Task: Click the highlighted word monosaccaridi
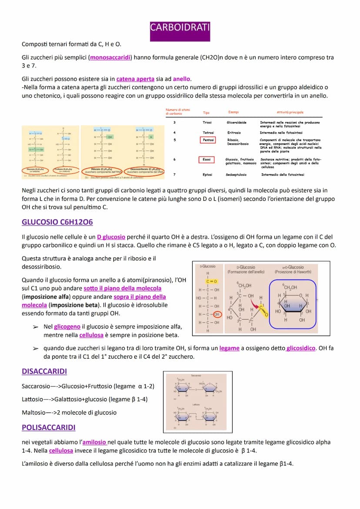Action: tap(110, 57)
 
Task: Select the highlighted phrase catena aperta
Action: tap(135, 79)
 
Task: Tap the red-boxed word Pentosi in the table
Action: tap(208, 140)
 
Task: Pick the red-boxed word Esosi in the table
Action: tap(207, 160)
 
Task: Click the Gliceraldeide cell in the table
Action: tap(237, 123)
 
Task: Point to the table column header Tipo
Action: tap(206, 113)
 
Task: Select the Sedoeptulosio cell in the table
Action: tap(237, 175)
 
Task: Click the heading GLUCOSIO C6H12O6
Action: tap(57, 222)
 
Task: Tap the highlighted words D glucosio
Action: tap(111, 237)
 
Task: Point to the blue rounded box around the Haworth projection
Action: tap(292, 304)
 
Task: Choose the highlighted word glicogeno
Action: tap(67, 326)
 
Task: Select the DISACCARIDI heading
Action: tap(44, 372)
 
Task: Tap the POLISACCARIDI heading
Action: tap(48, 428)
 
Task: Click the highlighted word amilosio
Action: tap(94, 442)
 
